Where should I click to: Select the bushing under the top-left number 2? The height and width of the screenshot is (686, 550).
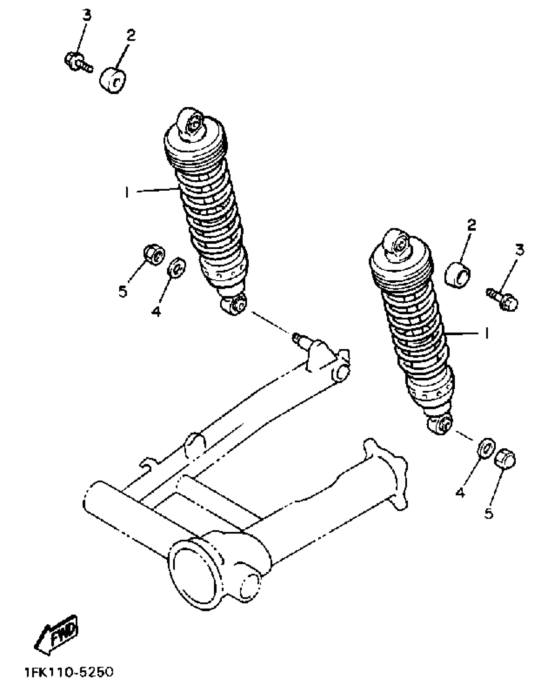(112, 81)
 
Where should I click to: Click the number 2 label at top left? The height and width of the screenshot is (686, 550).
(131, 35)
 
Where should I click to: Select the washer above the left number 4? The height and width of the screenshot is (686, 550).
(177, 267)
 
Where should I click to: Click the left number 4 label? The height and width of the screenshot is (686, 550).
(156, 311)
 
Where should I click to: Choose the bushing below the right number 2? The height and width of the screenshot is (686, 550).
(458, 275)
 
